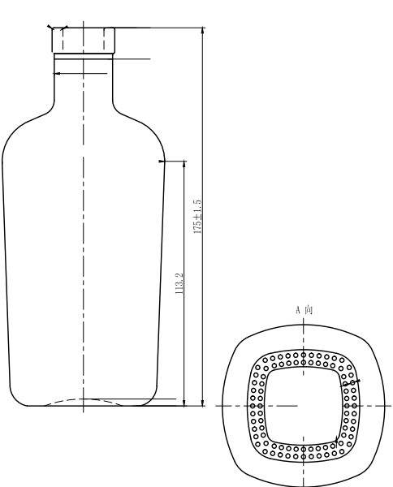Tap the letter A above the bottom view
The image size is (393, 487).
coord(298,309)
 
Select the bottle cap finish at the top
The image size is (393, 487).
coord(84,40)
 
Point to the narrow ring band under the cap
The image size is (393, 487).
coord(83,56)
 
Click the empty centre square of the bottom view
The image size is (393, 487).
coord(303,405)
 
